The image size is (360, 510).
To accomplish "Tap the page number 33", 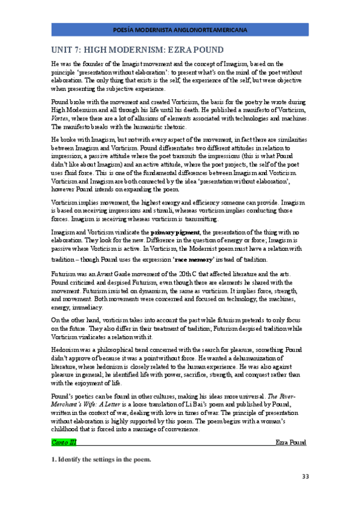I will pyautogui.click(x=305, y=477).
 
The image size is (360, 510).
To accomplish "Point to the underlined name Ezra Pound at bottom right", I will pyautogui.click(x=291, y=442).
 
